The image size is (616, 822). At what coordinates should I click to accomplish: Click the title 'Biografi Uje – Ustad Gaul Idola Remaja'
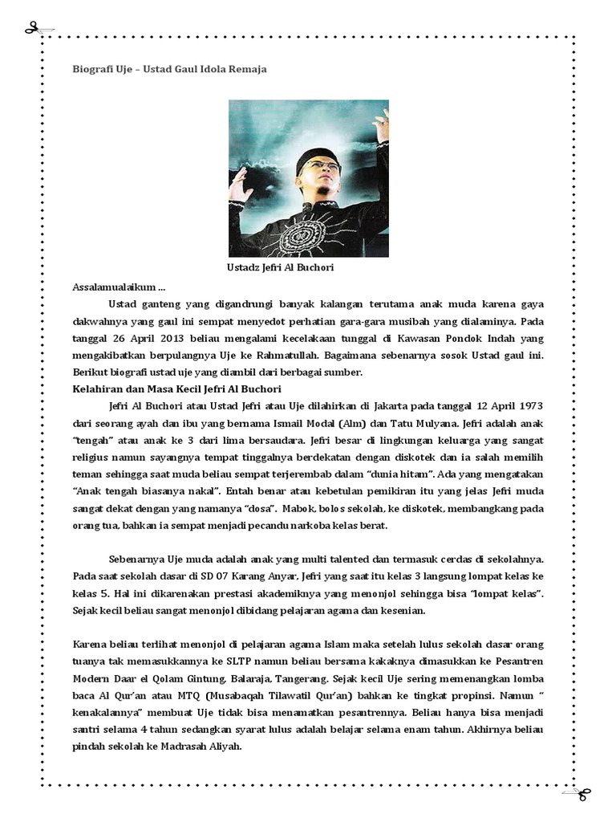click(x=169, y=69)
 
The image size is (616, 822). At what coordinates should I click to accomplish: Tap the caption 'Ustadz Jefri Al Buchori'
click(x=280, y=267)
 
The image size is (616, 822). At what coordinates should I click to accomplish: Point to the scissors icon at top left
click(x=31, y=30)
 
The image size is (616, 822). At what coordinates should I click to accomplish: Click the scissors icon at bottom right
click(x=583, y=793)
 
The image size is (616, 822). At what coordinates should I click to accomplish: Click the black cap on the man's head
click(x=314, y=156)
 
